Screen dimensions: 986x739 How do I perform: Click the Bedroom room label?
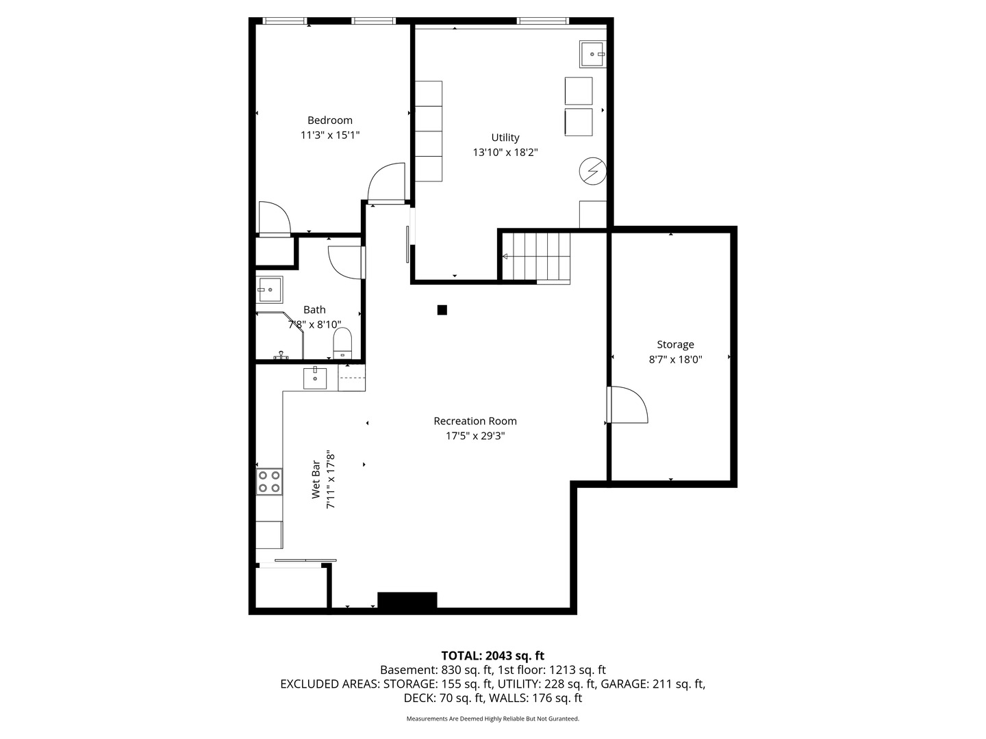click(330, 120)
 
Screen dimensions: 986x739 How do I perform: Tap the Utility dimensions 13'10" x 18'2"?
click(505, 152)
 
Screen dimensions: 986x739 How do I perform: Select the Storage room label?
click(675, 345)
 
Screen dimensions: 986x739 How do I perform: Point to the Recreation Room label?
click(475, 421)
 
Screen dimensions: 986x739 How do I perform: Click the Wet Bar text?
click(316, 479)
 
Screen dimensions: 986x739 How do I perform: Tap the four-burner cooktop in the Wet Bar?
click(269, 482)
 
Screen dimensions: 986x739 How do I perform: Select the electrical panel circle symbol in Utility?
click(592, 170)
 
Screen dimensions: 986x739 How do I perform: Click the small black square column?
click(442, 309)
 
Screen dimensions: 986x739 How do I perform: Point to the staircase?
click(536, 258)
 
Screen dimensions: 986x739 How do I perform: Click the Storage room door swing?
click(629, 404)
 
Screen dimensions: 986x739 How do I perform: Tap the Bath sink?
click(270, 289)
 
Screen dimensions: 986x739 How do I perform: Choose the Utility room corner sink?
click(592, 54)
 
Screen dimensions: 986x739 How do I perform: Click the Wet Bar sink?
click(315, 378)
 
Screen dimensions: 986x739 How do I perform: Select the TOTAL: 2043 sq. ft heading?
click(493, 656)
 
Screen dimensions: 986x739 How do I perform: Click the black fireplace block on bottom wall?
click(407, 600)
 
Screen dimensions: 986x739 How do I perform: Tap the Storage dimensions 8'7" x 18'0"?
click(675, 359)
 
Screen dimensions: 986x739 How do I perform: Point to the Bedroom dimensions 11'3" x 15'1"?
click(330, 135)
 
